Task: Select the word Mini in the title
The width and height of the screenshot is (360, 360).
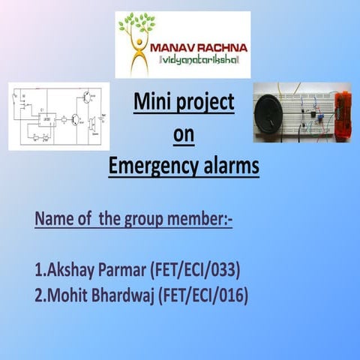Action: coord(154,102)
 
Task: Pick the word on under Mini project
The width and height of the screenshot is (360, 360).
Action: coord(183,134)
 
